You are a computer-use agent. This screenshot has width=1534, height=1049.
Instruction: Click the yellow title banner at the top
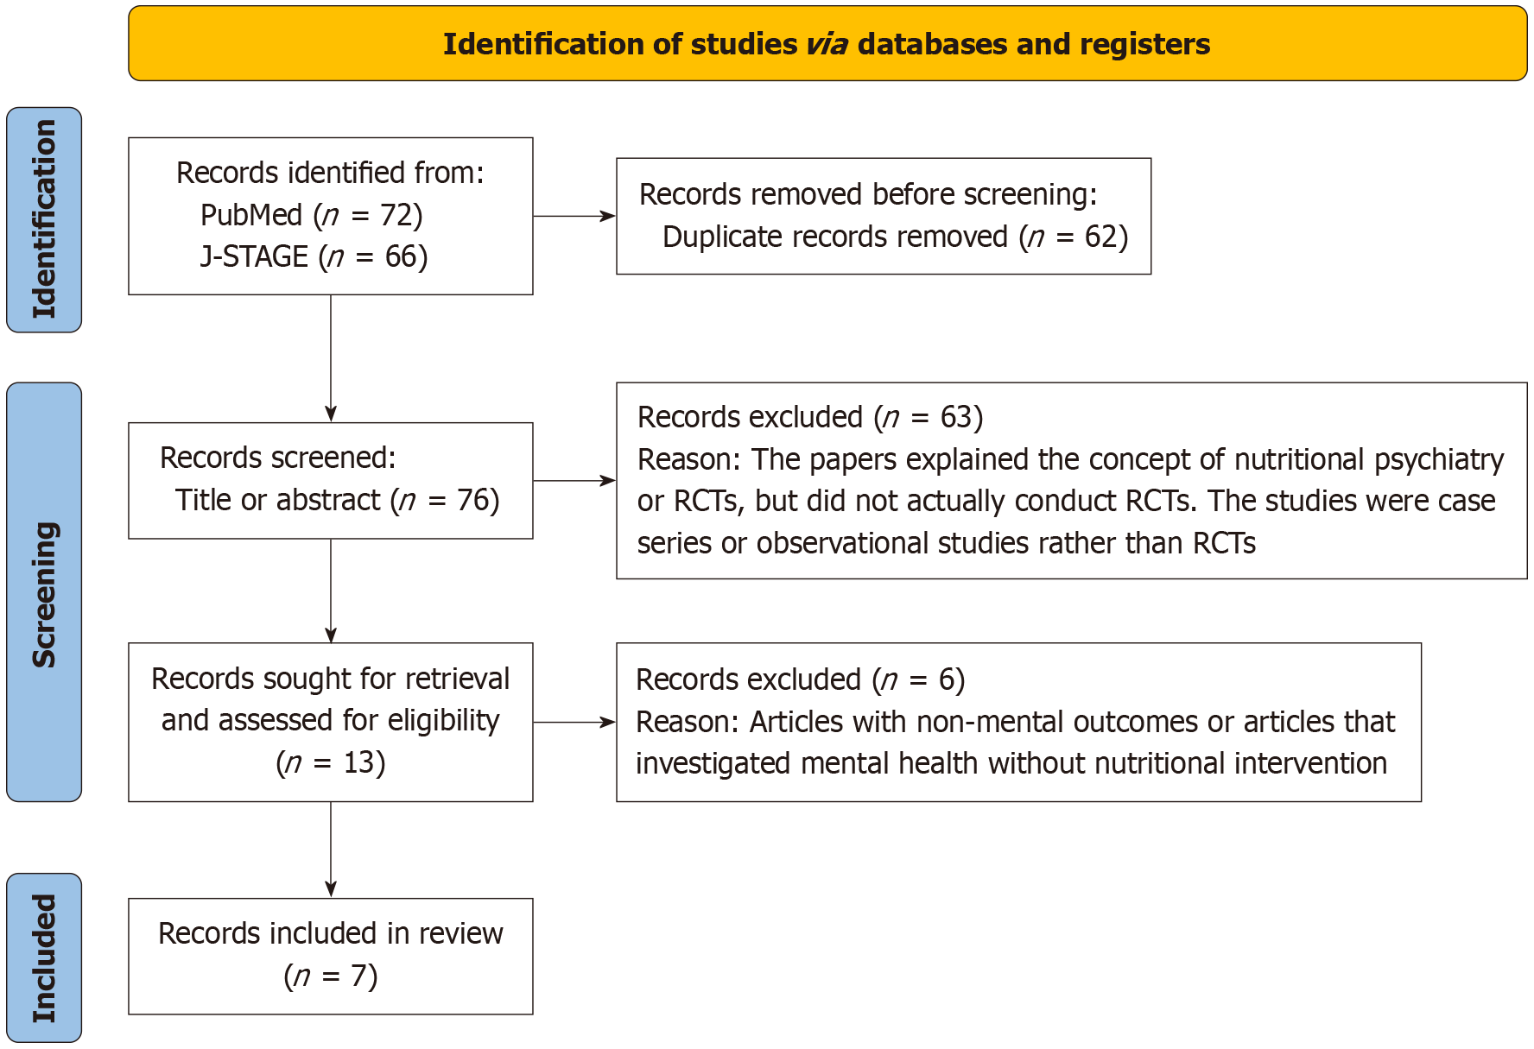point(827,43)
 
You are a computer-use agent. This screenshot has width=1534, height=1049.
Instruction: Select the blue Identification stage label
point(44,219)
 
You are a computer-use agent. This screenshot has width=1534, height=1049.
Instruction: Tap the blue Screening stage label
point(44,592)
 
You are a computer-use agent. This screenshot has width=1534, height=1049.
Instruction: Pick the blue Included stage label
point(44,957)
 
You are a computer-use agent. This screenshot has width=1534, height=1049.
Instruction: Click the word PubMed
point(251,215)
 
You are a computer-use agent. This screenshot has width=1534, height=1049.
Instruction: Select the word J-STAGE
point(254,256)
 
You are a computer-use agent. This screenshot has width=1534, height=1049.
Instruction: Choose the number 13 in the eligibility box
point(359,762)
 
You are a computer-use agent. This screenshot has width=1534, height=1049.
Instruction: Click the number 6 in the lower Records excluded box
point(947,679)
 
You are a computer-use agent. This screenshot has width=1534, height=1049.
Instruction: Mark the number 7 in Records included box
point(359,976)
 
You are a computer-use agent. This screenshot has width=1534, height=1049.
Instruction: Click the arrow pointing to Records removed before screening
point(574,216)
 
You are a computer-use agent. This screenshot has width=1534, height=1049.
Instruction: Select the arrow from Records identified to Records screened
point(331,358)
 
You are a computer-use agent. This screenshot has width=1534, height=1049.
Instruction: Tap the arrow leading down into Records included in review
point(331,850)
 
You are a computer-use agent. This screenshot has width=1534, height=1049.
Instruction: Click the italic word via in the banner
point(827,44)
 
